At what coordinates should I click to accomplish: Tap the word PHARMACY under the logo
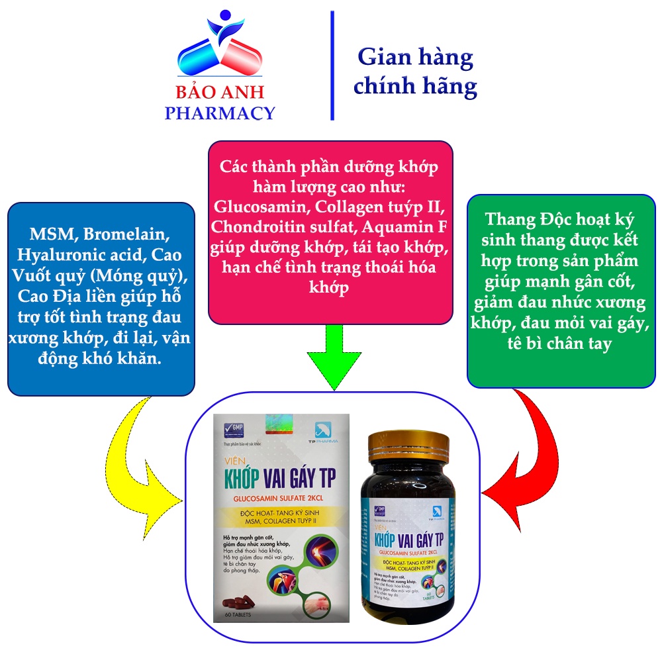pos(220,113)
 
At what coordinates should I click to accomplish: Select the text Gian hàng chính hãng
pos(415,71)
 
